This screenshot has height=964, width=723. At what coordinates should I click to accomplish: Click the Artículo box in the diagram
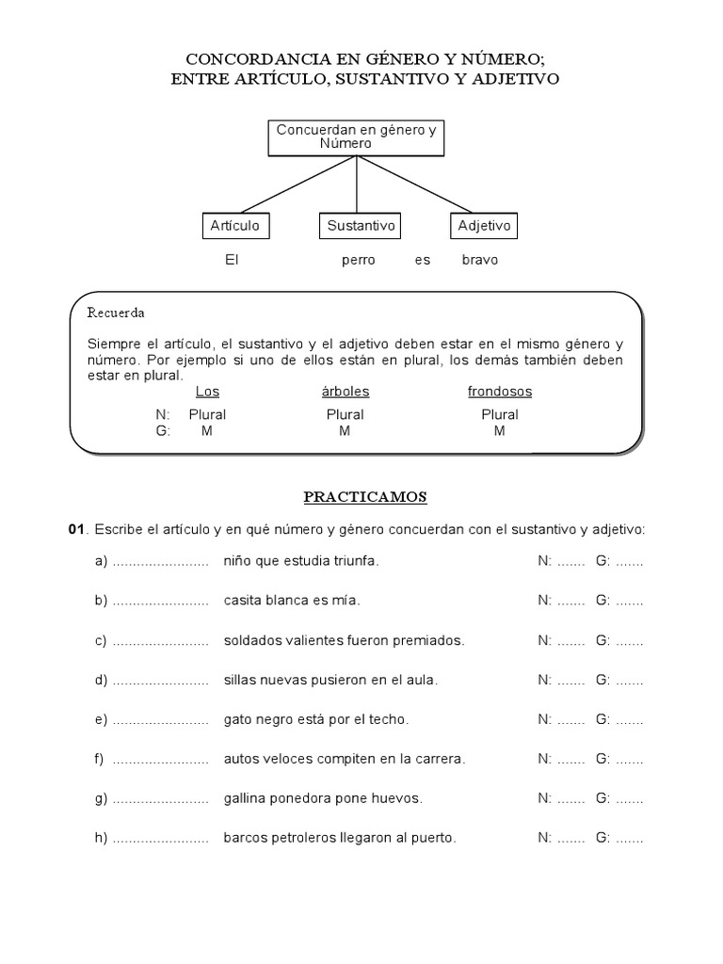coord(234,226)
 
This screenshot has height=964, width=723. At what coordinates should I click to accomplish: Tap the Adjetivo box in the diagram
coord(484,226)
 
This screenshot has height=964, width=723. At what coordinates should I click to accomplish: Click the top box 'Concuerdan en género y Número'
coord(356,137)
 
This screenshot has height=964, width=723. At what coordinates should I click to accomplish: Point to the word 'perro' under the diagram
coord(358,260)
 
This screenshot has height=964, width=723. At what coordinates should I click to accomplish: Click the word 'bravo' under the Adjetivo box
coord(480,260)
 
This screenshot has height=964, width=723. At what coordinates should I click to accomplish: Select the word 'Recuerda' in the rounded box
coord(116,313)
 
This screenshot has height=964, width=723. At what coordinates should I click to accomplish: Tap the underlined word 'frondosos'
coord(500,392)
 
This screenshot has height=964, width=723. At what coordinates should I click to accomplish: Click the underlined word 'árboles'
coord(345,392)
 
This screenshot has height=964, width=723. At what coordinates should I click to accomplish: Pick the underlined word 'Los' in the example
coord(207,392)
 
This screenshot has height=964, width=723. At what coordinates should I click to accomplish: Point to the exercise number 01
coord(77,530)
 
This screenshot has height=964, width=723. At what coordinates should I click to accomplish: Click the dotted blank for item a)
coord(160,562)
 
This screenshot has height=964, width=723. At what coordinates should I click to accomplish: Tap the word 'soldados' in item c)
coord(251,640)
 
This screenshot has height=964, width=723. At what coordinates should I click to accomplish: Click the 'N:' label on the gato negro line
coord(545,719)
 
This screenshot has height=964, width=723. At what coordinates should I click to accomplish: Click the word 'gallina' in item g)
coord(245,798)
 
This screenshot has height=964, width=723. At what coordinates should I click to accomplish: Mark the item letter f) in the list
coord(99,759)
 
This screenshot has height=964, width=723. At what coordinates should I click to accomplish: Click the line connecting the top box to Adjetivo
coord(414,185)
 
